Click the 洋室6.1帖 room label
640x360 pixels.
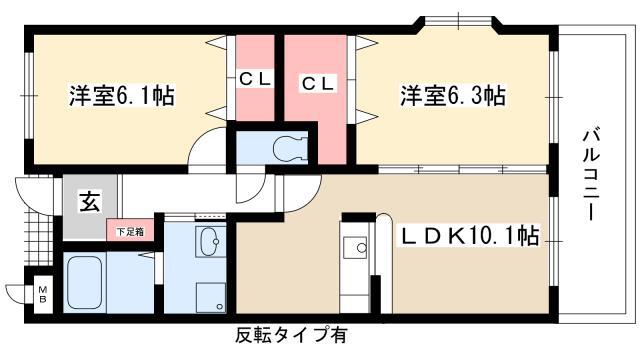point(122,97)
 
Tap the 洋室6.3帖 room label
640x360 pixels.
point(452,97)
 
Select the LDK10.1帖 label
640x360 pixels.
point(470,237)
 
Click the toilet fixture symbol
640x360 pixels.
point(287,146)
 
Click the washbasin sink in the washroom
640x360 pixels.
point(209,240)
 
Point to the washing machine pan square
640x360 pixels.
point(210,296)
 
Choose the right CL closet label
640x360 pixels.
point(320,80)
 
